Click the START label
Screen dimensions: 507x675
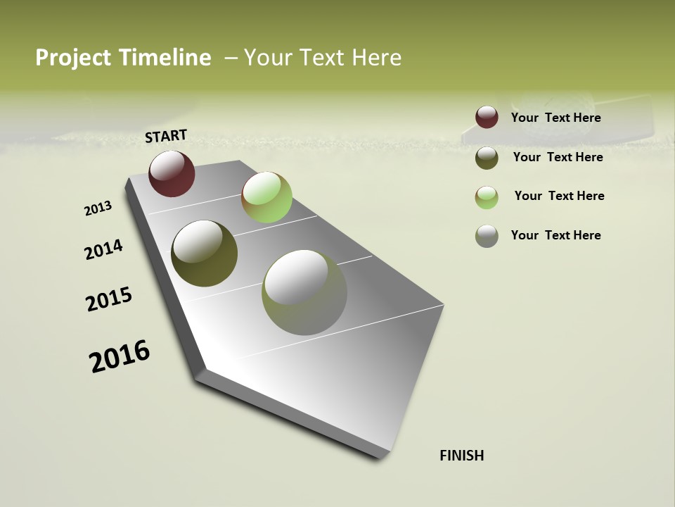pos(166,136)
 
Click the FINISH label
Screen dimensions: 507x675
pos(461,456)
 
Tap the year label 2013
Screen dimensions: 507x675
pos(98,208)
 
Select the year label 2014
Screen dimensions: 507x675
pos(103,250)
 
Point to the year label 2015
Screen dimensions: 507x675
pos(109,299)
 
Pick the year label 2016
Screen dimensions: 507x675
pos(120,356)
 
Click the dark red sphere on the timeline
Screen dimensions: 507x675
pos(172,173)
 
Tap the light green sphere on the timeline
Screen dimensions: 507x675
pos(266,197)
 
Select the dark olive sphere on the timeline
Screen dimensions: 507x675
pos(204,254)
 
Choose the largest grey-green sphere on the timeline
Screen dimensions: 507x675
pos(304,292)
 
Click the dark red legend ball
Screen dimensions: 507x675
pos(487,117)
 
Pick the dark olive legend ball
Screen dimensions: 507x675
pos(487,158)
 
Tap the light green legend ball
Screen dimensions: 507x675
pos(487,197)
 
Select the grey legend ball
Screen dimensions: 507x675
pos(487,236)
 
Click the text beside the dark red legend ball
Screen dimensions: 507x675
pos(555,118)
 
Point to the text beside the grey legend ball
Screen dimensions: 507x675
pos(555,235)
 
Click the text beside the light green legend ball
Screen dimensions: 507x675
pos(559,196)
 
